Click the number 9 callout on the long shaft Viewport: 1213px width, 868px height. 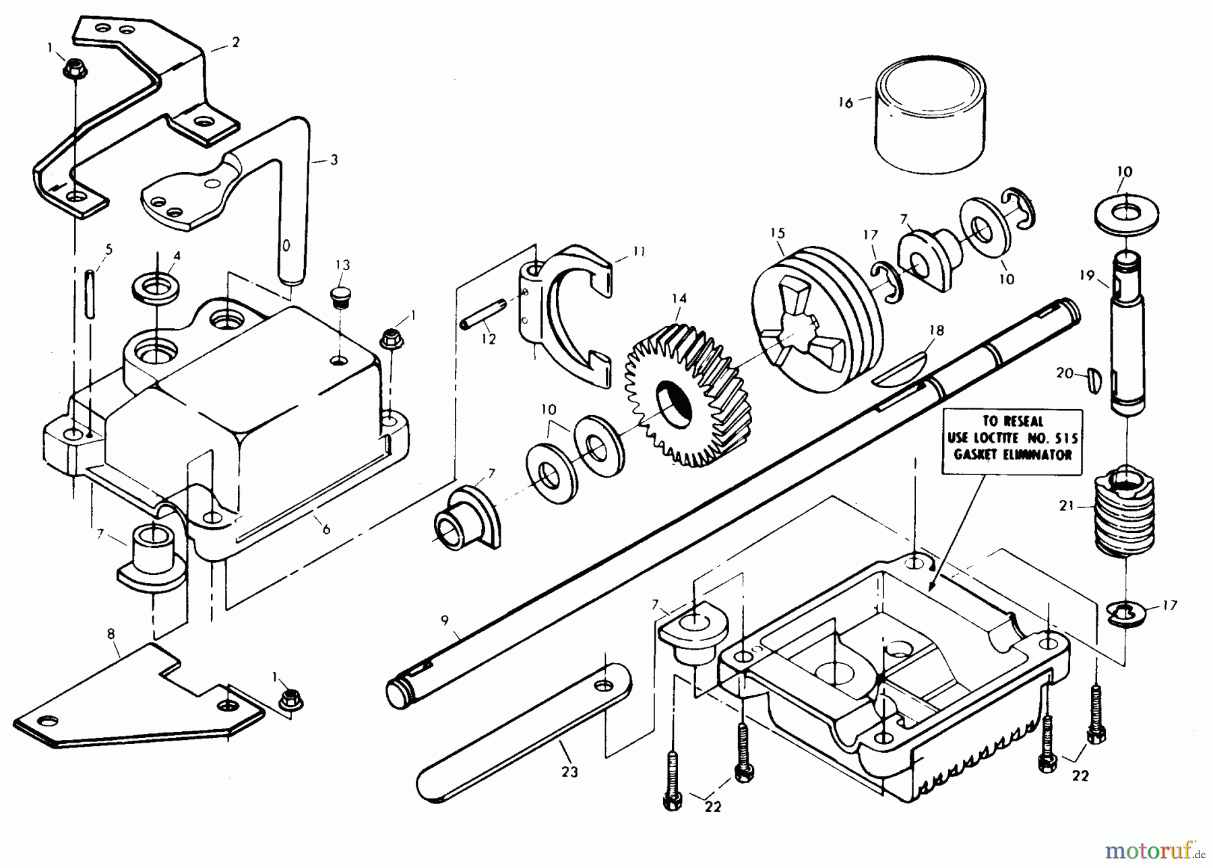tap(445, 621)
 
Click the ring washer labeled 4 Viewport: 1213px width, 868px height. tap(156, 288)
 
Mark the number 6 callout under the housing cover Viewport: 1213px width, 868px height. tap(326, 529)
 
